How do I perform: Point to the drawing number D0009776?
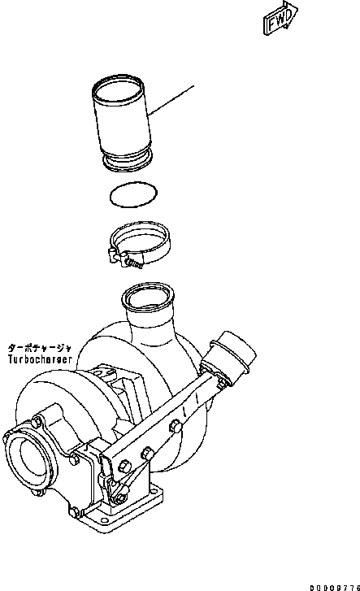click(326, 583)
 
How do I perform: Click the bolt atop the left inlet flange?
click(36, 421)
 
